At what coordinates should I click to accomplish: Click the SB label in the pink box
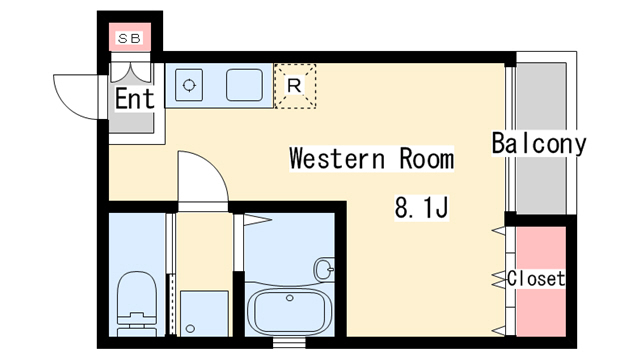129,38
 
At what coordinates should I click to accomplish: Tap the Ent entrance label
135,98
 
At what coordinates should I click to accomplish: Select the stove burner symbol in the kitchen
189,85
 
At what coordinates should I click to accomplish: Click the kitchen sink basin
244,85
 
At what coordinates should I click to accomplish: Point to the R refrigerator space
295,86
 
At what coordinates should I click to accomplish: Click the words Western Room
371,158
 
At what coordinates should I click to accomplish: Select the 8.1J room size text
422,208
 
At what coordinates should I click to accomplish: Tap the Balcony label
539,143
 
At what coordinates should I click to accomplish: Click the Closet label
536,279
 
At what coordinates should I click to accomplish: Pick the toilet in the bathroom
137,304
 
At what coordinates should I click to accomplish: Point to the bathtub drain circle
290,298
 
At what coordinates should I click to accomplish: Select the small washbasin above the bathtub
325,269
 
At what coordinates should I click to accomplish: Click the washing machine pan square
204,313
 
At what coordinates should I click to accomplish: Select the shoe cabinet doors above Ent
131,73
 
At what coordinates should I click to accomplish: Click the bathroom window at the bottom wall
289,343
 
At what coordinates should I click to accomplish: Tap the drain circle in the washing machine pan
190,328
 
